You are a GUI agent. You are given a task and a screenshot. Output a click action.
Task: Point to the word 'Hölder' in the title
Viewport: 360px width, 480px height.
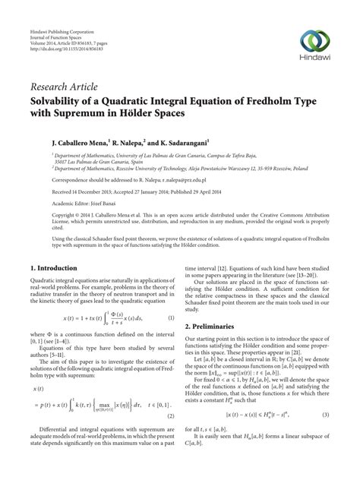click(x=156, y=118)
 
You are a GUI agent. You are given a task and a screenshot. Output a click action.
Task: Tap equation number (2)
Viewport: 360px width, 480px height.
click(x=172, y=437)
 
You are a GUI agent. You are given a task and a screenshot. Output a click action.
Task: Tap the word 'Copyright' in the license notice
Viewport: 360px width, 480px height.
click(x=44, y=216)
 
